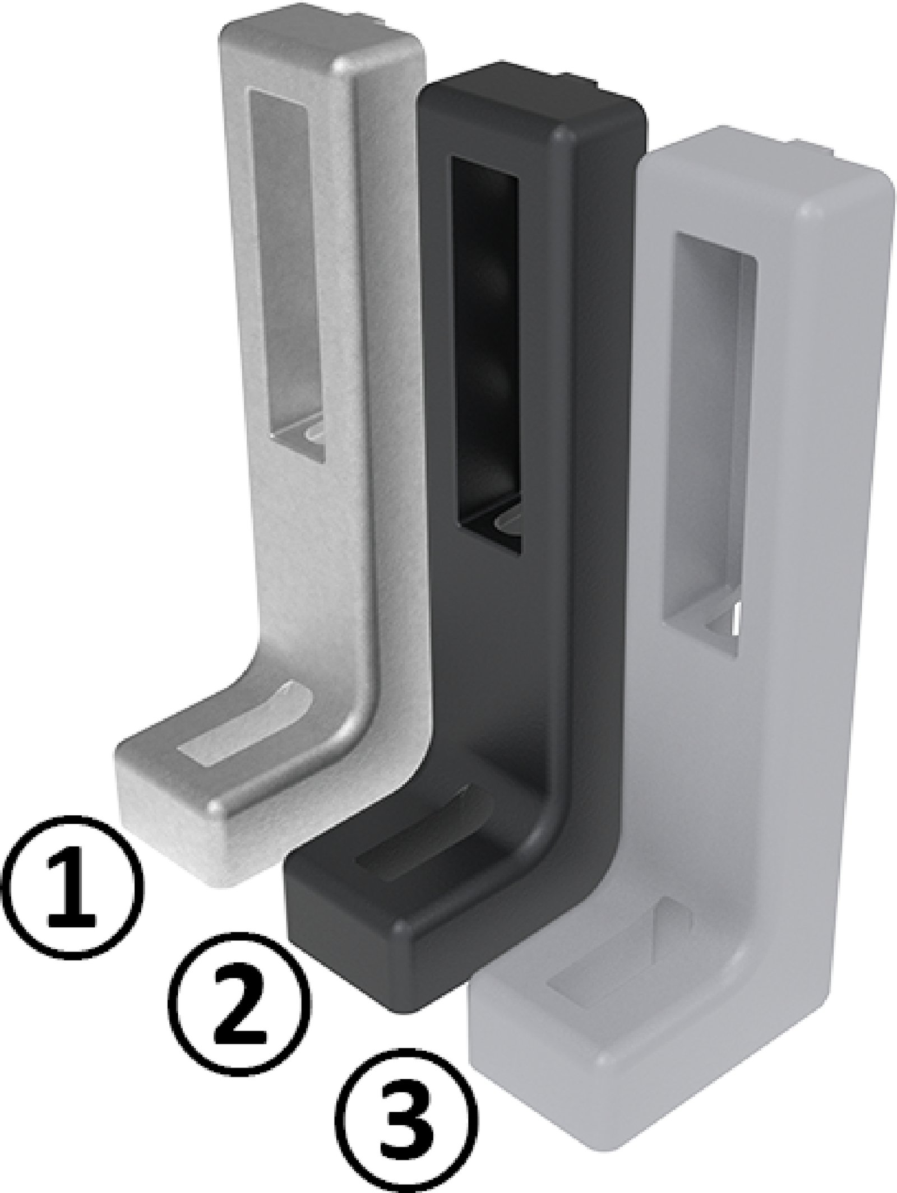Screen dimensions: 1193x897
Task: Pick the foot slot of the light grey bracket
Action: point(617,947)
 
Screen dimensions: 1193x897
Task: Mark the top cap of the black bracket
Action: point(533,106)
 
